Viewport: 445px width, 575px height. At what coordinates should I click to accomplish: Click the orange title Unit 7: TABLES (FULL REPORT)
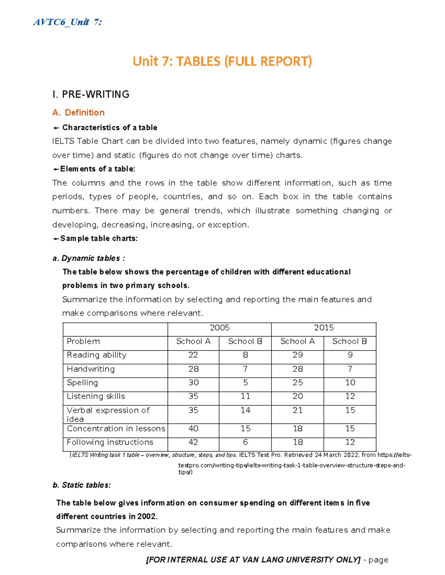point(222,61)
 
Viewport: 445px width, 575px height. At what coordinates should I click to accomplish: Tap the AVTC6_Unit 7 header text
point(67,22)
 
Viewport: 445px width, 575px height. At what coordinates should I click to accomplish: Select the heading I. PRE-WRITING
point(91,94)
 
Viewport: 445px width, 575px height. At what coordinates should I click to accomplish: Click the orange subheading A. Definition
point(79,113)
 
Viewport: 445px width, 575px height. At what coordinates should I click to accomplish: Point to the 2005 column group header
point(220,328)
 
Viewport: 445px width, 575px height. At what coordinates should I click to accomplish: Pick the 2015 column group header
point(324,328)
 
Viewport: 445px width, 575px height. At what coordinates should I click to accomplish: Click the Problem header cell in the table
point(83,341)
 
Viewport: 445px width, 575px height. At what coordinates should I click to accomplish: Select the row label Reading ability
point(96,355)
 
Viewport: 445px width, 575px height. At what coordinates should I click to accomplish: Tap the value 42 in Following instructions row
point(193,442)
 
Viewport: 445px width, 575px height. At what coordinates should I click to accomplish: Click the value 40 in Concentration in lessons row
point(193,429)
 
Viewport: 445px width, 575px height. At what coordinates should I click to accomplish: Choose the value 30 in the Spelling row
point(193,382)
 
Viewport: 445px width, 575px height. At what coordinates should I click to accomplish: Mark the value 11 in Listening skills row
point(245,396)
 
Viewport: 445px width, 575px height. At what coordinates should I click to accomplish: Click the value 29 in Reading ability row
point(297,355)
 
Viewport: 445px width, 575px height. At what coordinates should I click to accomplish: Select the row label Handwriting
point(91,369)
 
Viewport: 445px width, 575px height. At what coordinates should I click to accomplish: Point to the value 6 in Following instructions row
point(245,442)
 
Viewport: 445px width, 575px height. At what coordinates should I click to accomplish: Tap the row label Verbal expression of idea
point(108,414)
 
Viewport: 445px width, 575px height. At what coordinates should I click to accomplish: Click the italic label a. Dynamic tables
point(89,258)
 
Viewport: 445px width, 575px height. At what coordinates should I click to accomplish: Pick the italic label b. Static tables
point(82,485)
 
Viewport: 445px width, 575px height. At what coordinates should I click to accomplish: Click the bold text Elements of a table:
point(97,169)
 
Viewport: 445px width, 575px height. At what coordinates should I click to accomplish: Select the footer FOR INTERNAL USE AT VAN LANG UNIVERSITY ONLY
point(254,560)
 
